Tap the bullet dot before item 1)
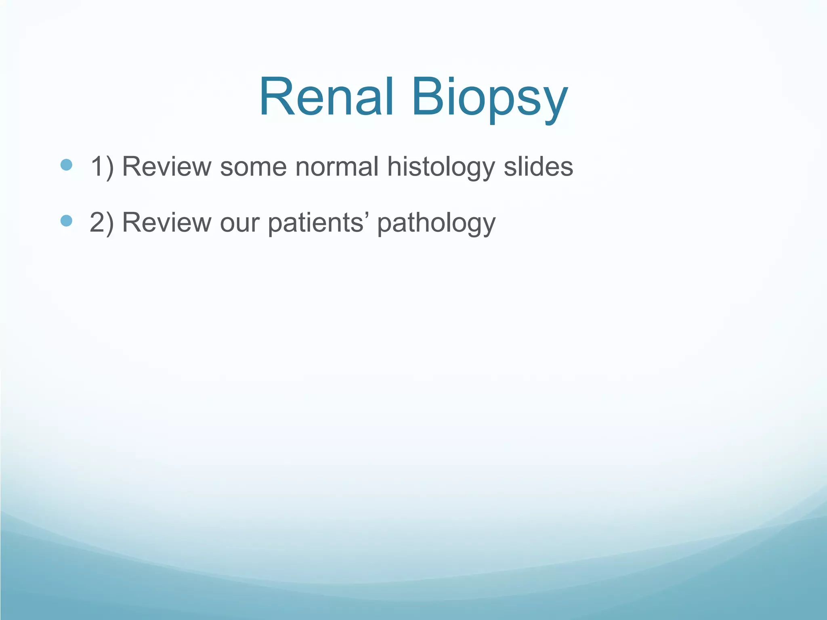tap(66, 165)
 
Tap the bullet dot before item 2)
tap(66, 221)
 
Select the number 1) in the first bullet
tap(102, 166)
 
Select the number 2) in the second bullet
tap(102, 222)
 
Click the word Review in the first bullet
tap(167, 166)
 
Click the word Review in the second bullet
tap(167, 222)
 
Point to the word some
tap(253, 167)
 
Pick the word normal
tap(337, 166)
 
